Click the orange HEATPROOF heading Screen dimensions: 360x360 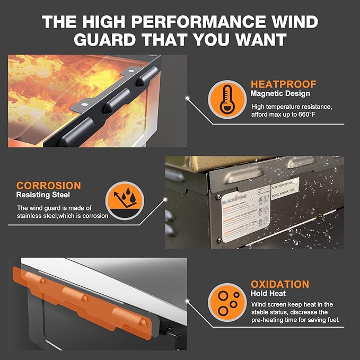[283, 84]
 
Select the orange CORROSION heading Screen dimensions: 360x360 [48, 186]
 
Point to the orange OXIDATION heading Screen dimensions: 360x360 [279, 284]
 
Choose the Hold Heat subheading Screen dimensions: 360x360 [268, 293]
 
